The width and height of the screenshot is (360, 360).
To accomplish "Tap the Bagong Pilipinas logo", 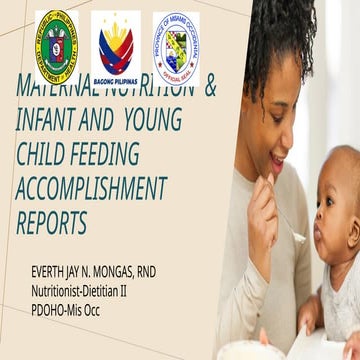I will pos(116,44).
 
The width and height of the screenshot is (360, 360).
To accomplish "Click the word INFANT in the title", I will pos(46,122).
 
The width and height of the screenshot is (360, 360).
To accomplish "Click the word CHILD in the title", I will pos(44,155).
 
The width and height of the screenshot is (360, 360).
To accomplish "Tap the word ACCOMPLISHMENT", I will pos(90,188).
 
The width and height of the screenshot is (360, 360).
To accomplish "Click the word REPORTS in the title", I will pos(51,221).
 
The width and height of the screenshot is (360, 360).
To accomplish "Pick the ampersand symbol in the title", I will pos(210,88).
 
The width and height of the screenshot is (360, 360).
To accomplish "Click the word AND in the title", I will pos(98,122).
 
